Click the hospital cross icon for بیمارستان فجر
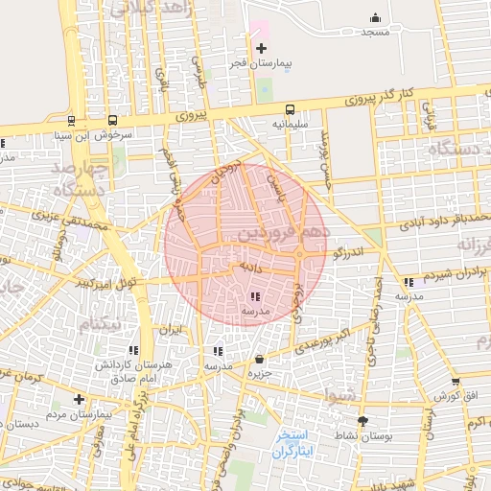261,48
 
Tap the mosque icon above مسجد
375,18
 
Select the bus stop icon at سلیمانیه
290,109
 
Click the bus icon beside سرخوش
113,121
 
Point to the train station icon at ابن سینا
71,121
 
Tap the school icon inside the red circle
255,297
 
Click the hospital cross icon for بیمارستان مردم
79,399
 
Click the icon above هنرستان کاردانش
133,350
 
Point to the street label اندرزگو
351,252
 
